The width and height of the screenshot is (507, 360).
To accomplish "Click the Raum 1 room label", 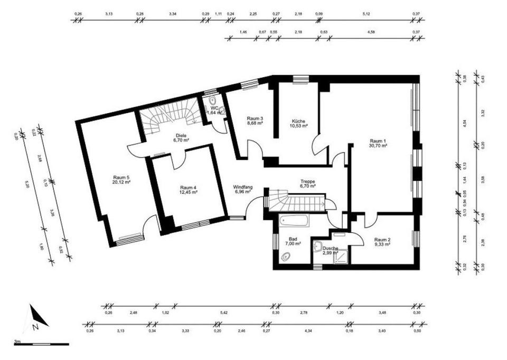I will point(378,141).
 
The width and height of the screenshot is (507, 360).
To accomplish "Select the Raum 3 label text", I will point(255,118).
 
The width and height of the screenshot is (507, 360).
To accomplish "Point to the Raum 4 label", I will point(189,188).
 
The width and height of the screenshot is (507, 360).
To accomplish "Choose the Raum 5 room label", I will point(121,178).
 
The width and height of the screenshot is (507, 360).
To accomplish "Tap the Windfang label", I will point(242,187).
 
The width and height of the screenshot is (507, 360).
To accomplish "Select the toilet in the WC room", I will point(212,100).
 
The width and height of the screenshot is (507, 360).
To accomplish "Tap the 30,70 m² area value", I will point(378,145).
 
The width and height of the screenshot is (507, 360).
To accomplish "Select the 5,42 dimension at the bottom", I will point(224,313).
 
